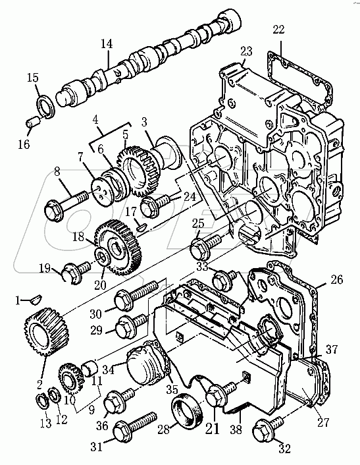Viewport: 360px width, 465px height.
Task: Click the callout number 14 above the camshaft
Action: coord(107,44)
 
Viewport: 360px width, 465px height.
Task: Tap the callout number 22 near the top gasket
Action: coord(278,30)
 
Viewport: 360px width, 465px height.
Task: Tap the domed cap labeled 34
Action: coord(145,364)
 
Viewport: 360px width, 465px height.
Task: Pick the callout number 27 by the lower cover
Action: coord(322,422)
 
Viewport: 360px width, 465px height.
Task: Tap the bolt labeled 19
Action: coord(76,271)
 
